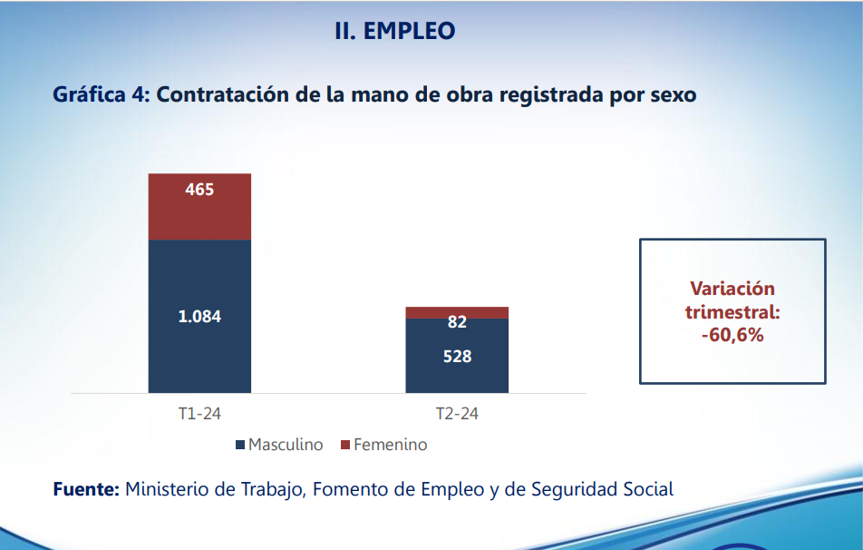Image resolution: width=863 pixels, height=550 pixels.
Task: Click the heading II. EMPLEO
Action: click(394, 31)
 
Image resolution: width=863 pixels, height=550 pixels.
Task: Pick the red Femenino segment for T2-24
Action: click(457, 312)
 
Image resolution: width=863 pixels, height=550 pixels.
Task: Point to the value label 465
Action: click(199, 190)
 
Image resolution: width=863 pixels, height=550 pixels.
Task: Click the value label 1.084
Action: click(199, 317)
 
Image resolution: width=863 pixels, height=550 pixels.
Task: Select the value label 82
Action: click(457, 322)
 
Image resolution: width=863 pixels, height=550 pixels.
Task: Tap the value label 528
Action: click(457, 357)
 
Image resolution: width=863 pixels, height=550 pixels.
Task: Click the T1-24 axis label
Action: click(199, 414)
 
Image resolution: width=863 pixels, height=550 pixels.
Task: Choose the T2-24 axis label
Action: click(457, 414)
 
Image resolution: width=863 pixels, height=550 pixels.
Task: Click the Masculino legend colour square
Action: click(240, 446)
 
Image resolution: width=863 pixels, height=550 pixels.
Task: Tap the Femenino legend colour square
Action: click(344, 446)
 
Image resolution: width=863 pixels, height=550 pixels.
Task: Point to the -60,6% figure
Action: click(732, 335)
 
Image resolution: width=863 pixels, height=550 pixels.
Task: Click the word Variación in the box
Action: click(732, 290)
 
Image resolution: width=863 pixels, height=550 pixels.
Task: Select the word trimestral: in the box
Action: click(732, 312)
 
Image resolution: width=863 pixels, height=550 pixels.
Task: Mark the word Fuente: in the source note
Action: click(86, 489)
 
